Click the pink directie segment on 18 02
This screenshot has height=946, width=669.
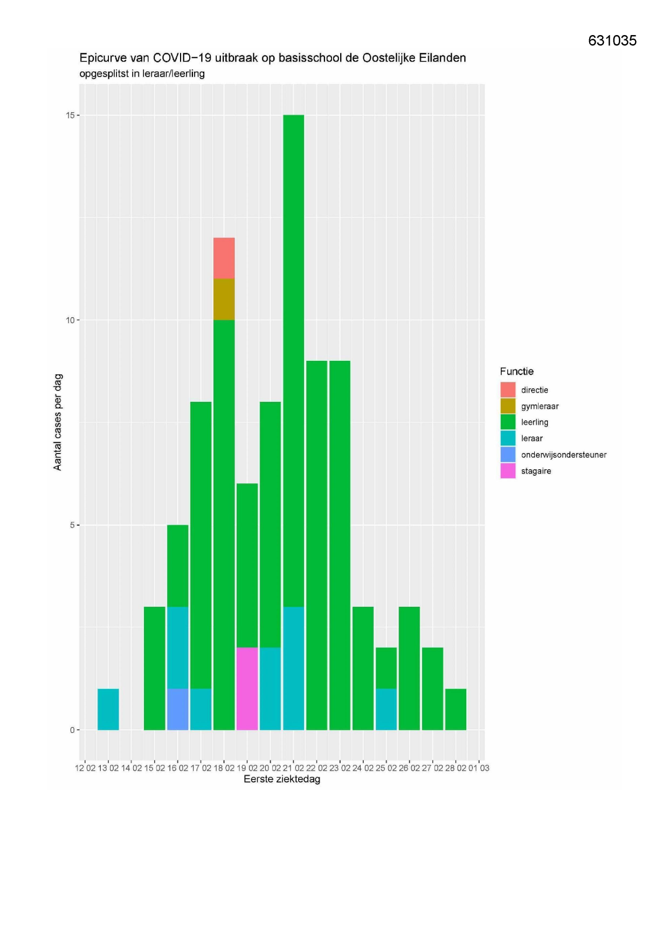(224, 258)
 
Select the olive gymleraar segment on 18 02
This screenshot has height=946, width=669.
(224, 299)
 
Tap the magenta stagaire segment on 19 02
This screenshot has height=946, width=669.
(247, 689)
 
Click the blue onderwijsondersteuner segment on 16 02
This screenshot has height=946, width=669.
(177, 709)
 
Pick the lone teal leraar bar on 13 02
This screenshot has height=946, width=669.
(108, 709)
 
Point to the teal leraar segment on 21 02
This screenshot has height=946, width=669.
(293, 668)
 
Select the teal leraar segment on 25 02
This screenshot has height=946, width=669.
(386, 709)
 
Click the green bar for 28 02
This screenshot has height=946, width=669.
(456, 709)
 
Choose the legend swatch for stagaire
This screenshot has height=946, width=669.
(508, 471)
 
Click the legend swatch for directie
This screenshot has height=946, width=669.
(508, 390)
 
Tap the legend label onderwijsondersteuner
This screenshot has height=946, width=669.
(563, 455)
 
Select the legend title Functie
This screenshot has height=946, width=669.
(516, 371)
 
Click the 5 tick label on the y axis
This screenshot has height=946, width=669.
(72, 525)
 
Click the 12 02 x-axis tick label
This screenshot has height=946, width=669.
(85, 768)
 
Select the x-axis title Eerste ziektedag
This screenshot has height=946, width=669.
(281, 779)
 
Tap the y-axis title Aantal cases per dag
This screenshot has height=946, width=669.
(58, 422)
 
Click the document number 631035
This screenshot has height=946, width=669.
(612, 41)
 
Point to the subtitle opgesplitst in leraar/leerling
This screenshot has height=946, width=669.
(142, 73)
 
